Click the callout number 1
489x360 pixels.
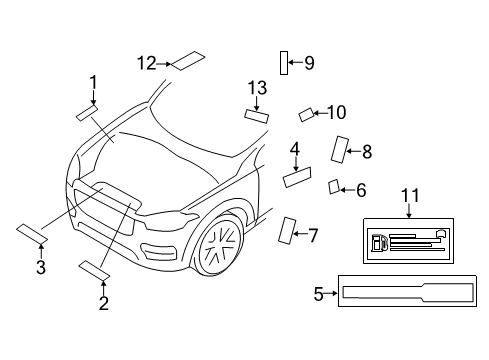(93, 82)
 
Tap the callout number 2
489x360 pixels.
(103, 303)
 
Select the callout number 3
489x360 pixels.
(40, 267)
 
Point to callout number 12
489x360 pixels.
(146, 63)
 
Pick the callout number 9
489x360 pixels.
(309, 63)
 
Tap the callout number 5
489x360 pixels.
(319, 294)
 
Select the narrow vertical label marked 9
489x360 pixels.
(284, 62)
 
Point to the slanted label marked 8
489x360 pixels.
(339, 149)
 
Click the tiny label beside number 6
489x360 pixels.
(335, 186)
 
